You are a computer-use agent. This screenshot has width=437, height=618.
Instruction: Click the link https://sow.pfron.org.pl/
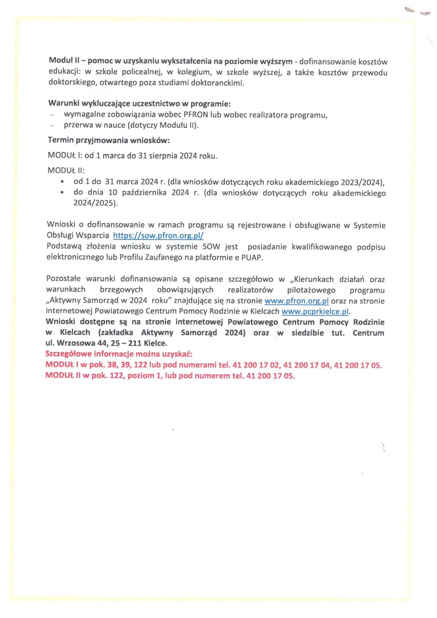click(x=158, y=235)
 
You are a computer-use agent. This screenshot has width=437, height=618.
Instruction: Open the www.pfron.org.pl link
click(x=296, y=301)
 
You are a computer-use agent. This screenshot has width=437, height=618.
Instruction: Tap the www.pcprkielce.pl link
click(x=315, y=312)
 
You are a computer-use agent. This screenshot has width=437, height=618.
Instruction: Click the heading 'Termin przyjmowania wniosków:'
click(x=109, y=140)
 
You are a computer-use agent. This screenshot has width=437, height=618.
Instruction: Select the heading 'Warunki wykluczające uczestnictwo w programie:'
click(x=139, y=104)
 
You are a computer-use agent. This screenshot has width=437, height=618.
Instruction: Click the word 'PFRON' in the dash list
click(x=196, y=115)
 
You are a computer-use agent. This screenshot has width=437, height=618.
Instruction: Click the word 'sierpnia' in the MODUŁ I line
click(x=162, y=156)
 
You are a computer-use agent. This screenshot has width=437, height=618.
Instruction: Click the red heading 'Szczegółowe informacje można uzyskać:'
click(x=119, y=354)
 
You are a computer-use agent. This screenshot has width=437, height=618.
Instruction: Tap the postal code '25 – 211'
click(x=126, y=343)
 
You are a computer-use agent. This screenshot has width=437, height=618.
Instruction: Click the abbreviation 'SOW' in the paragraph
click(x=211, y=247)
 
